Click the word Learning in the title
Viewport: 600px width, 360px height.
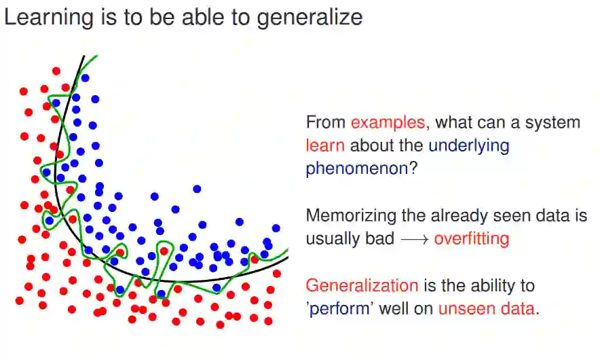(x=49, y=18)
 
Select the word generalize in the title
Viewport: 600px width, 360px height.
(x=310, y=18)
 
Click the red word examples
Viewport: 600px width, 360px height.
(x=388, y=123)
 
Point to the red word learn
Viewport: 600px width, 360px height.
(x=325, y=145)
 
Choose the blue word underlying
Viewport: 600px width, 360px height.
(x=469, y=146)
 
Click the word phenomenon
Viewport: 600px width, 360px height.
(x=357, y=169)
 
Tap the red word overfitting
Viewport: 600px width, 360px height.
(x=472, y=238)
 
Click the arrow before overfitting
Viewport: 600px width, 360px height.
(x=415, y=240)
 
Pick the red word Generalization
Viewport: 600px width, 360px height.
(x=362, y=286)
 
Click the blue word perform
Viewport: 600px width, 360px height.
(x=339, y=309)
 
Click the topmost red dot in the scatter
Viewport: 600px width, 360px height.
(x=56, y=71)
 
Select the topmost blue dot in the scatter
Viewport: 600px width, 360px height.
(x=85, y=78)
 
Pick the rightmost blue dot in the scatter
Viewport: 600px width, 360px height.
(x=276, y=228)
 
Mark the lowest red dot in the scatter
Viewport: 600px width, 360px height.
(x=220, y=325)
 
